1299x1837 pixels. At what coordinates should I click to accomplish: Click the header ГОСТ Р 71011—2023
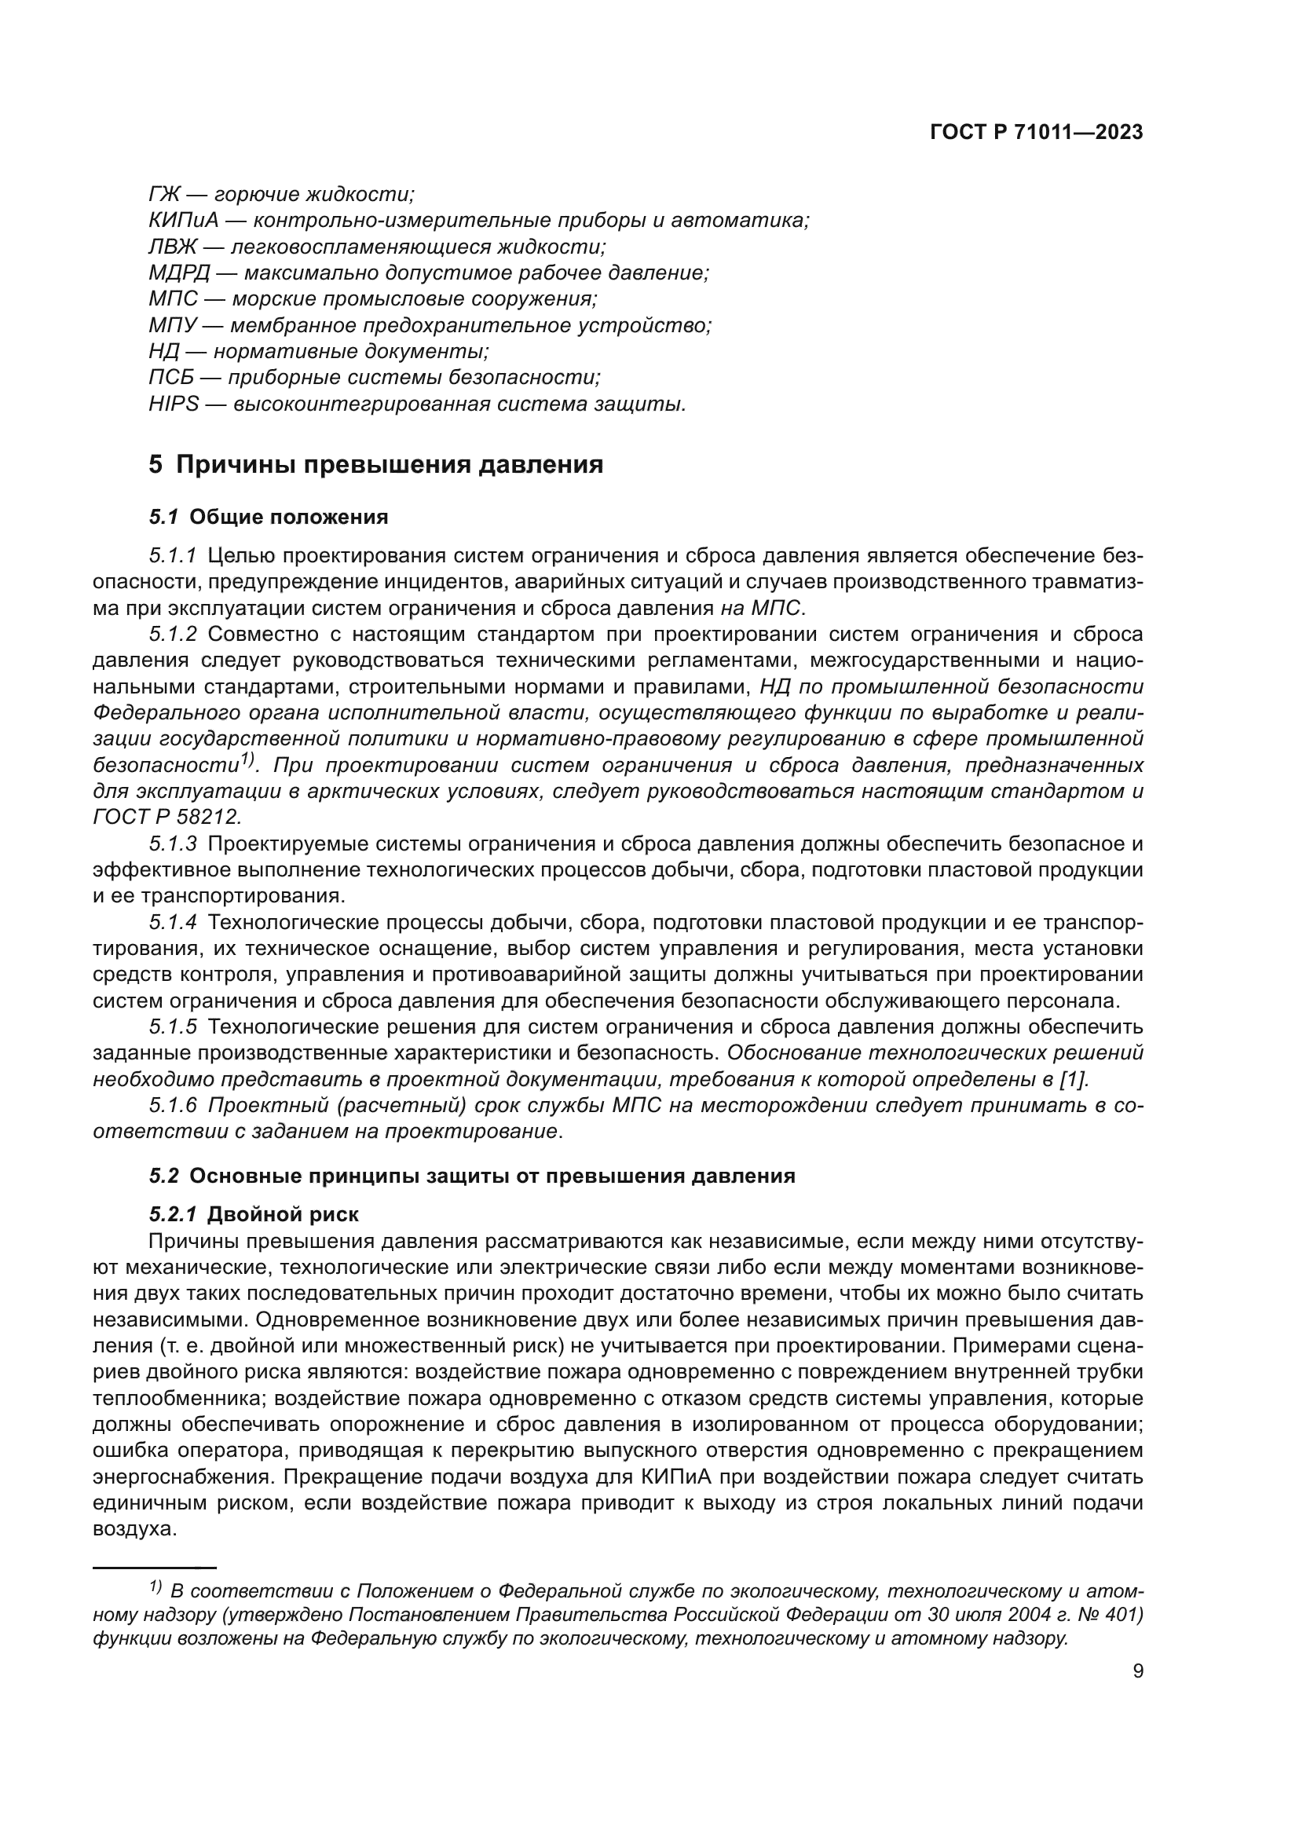1037,133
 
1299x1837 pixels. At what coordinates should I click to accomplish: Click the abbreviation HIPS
173,404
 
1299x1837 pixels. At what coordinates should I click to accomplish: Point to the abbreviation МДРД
178,273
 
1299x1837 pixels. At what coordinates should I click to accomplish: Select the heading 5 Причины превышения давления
376,464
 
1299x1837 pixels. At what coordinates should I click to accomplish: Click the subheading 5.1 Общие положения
268,517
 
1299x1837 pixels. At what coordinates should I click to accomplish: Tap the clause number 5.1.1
172,555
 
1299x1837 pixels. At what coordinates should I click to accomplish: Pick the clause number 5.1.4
172,923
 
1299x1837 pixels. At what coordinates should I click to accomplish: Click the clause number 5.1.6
172,1106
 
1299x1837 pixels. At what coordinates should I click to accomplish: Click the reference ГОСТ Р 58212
166,817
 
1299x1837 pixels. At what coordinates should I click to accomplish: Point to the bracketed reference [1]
1074,1079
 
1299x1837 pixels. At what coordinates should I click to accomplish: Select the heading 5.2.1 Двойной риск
254,1214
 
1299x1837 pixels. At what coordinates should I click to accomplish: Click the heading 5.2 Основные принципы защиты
472,1176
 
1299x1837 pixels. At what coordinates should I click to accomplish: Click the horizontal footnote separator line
156,1568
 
